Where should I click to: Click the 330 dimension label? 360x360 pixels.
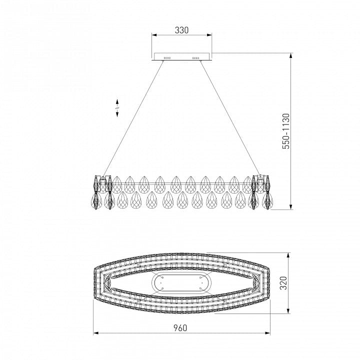181,30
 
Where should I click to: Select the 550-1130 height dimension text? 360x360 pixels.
286,131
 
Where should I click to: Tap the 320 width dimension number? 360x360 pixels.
284,283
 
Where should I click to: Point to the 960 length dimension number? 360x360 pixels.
180,328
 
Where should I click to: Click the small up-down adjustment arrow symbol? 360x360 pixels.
117,108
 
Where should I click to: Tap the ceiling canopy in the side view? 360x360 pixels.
181,57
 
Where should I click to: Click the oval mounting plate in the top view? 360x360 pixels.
181,283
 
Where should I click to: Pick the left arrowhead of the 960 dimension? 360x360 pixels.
95,333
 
